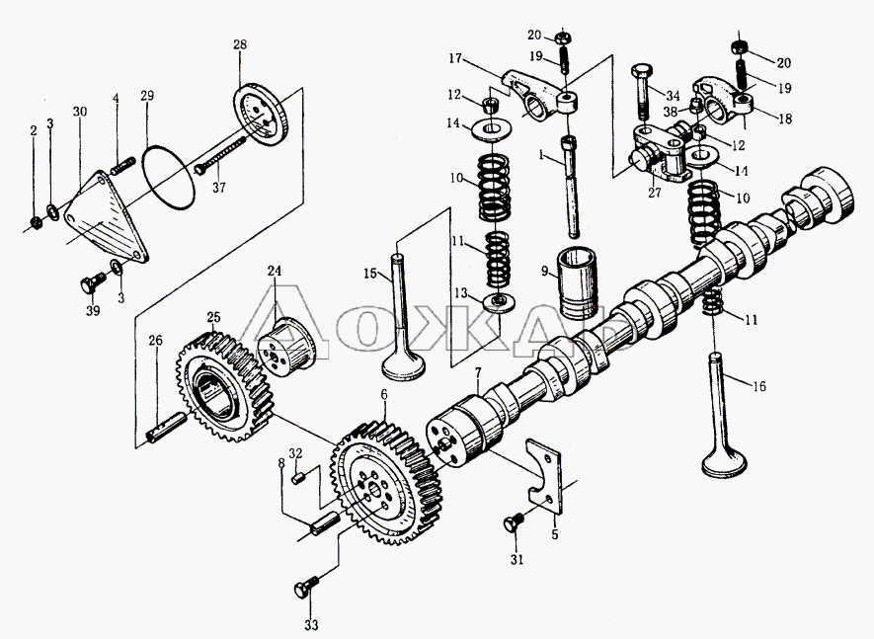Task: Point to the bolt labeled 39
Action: [87, 284]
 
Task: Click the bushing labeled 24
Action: [286, 342]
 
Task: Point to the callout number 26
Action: [155, 341]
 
